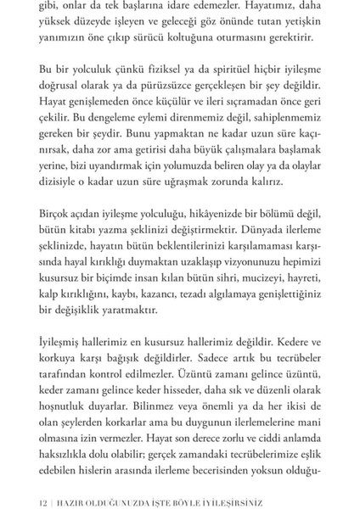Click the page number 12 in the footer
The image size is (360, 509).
34,490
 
